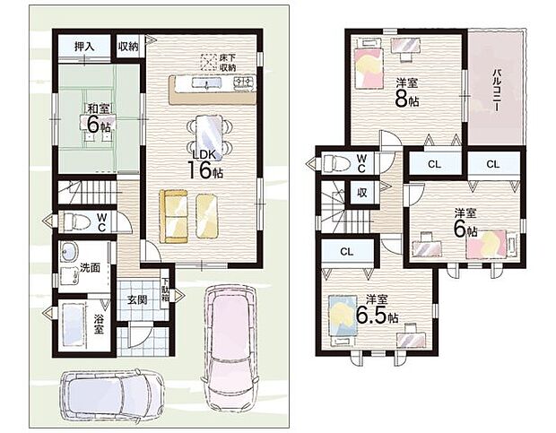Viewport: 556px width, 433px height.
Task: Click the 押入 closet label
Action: [x=84, y=47]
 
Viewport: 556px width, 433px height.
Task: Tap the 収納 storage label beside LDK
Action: [x=128, y=46]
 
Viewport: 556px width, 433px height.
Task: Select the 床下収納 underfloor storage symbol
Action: [x=208, y=63]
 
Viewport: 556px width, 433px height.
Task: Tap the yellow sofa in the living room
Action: [x=173, y=217]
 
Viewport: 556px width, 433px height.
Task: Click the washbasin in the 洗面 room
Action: [x=69, y=252]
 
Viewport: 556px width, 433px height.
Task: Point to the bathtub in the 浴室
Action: [x=74, y=325]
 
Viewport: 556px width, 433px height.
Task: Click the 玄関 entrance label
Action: [x=137, y=299]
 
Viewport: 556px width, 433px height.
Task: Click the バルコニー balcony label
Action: [x=497, y=90]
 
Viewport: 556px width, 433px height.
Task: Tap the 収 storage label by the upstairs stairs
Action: [x=361, y=193]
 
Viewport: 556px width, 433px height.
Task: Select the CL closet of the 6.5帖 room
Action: [x=347, y=252]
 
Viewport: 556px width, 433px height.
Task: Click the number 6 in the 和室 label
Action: [x=93, y=125]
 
